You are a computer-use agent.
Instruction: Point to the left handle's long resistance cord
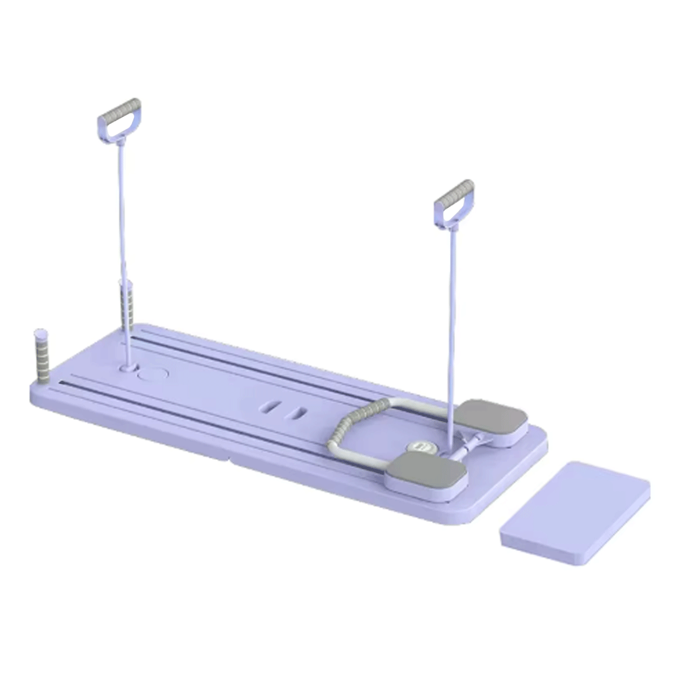pyautogui.click(x=123, y=238)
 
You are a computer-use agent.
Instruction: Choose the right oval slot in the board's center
pyautogui.click(x=295, y=414)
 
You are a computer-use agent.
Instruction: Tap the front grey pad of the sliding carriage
pyautogui.click(x=426, y=471)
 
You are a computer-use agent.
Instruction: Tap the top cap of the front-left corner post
pyautogui.click(x=41, y=332)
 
